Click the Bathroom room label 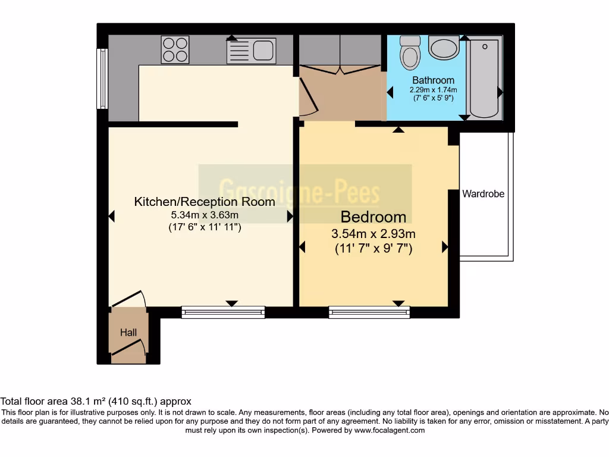(x=433, y=80)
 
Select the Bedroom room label (x=373, y=217)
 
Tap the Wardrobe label (x=483, y=193)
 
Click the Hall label (x=128, y=333)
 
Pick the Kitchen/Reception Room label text (x=205, y=202)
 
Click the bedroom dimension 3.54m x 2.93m (x=373, y=233)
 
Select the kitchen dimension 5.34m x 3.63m (x=205, y=215)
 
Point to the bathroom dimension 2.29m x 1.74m (x=433, y=90)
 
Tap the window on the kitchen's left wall (x=102, y=79)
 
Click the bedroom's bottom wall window (x=369, y=312)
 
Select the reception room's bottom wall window (x=223, y=312)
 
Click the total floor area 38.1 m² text (x=96, y=402)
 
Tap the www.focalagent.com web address (x=390, y=430)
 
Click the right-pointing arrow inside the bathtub (x=500, y=92)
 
